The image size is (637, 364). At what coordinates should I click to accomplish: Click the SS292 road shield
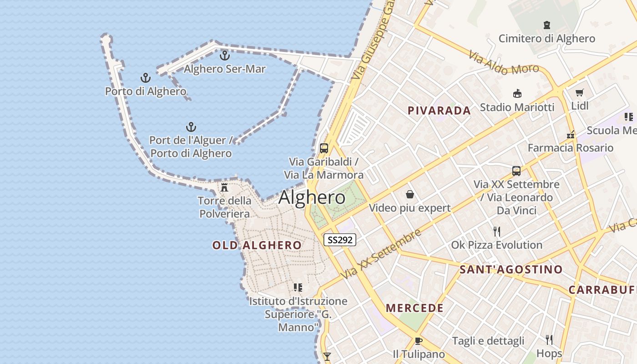(x=339, y=240)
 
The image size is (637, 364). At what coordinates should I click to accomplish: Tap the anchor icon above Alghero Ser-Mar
(x=224, y=56)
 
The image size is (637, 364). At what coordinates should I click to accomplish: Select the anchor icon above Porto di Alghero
(x=145, y=78)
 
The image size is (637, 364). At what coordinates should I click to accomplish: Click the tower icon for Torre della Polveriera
(x=224, y=187)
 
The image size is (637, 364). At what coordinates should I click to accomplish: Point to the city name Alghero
(x=312, y=197)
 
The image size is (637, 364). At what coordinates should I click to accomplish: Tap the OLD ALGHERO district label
(x=257, y=245)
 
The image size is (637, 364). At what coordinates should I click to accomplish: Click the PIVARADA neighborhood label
(x=439, y=111)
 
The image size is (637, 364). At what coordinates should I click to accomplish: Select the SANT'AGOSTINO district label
(x=511, y=269)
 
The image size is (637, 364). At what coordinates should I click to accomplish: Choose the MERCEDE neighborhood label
(x=415, y=308)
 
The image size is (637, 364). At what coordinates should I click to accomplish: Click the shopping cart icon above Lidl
(x=579, y=93)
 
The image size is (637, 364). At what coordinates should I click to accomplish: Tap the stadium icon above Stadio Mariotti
(x=517, y=94)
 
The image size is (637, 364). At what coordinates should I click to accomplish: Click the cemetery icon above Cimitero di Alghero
(x=546, y=25)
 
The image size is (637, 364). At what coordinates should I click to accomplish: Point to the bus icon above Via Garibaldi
(x=324, y=148)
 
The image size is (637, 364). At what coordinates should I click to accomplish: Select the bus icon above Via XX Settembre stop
(x=516, y=171)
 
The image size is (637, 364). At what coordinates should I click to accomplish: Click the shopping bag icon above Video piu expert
(x=409, y=195)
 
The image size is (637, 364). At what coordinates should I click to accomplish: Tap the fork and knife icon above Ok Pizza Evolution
(x=496, y=232)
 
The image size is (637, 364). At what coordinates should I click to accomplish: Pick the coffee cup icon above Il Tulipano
(x=419, y=341)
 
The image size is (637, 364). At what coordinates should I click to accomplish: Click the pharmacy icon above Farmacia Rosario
(x=570, y=135)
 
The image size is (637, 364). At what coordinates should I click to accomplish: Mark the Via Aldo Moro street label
(x=504, y=63)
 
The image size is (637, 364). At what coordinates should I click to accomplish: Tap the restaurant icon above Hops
(x=549, y=339)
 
